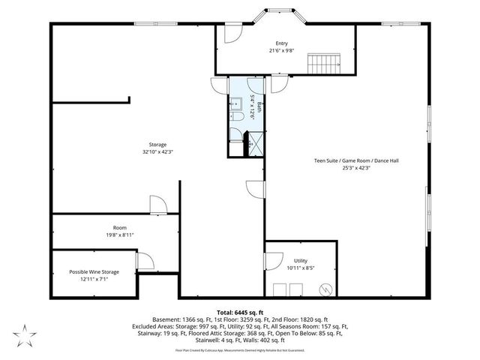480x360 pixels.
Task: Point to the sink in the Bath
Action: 235,103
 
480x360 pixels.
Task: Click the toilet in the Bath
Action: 235,118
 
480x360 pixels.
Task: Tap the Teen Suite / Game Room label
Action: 346,160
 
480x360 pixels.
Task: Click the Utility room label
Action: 300,259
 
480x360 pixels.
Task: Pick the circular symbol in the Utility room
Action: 325,288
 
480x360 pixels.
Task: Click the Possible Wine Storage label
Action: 94,271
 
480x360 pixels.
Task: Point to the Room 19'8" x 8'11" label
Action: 119,227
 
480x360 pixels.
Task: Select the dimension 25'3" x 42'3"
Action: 346,168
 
